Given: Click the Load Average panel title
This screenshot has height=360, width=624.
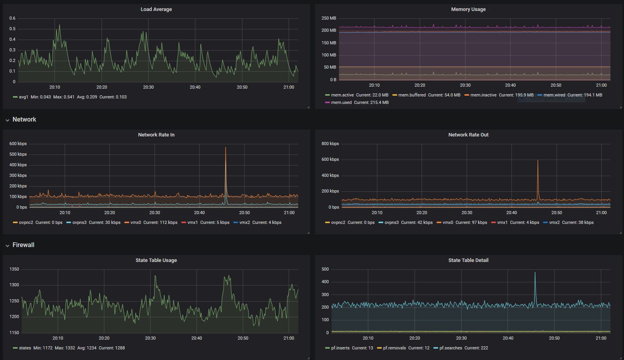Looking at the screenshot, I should (156, 9).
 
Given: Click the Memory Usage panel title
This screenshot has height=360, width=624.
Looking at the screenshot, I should (468, 9).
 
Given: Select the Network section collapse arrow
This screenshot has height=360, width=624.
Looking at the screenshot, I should (7, 120).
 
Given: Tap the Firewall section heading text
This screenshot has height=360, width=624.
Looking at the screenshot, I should (24, 245).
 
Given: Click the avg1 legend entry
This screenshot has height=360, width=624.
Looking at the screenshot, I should (24, 97).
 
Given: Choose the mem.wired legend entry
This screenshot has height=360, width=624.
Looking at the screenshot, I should (554, 95).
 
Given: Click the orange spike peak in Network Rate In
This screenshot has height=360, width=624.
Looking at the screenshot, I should (226, 147).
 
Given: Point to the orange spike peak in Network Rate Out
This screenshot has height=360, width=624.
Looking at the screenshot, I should (538, 160).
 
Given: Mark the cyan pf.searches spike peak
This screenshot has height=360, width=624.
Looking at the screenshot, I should (535, 273).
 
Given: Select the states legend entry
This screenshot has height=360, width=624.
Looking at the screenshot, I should (25, 348).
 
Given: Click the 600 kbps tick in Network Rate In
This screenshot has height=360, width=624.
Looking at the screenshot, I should (18, 144).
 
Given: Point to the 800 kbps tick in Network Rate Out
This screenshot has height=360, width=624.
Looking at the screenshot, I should (330, 144).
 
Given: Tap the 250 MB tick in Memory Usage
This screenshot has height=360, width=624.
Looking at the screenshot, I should (329, 18).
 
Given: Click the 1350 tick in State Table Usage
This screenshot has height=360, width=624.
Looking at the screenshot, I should (14, 269).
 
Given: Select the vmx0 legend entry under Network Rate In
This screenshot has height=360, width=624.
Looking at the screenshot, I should (136, 222).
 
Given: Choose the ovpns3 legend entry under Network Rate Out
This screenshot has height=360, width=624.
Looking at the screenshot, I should (391, 222).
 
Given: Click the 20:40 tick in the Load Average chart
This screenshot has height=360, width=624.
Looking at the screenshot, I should (195, 87).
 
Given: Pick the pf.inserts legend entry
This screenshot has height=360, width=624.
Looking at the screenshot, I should (340, 348).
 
